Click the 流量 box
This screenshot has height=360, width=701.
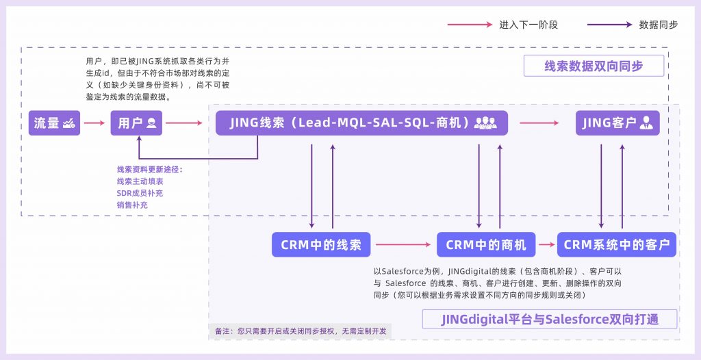54,123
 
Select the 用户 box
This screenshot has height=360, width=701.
137,123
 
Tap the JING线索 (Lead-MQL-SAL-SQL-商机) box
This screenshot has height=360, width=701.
361,123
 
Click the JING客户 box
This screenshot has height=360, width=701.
617,123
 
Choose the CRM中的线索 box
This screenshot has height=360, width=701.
321,244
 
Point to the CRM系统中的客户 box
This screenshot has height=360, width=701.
617,244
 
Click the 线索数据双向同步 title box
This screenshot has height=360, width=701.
594,66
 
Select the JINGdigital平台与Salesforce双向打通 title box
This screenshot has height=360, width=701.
550,320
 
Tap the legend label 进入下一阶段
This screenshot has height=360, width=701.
528,25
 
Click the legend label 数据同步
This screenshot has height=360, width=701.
659,25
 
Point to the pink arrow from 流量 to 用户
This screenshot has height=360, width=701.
95,123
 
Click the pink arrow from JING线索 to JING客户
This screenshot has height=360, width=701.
539,123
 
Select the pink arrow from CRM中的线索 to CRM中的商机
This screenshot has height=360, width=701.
403,244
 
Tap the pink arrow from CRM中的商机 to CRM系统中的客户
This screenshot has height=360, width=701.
546,244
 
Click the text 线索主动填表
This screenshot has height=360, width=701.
140,181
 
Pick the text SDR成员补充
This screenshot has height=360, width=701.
140,193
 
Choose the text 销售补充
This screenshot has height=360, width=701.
132,205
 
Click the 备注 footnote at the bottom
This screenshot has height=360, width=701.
301,331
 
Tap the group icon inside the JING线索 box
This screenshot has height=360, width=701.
485,123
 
